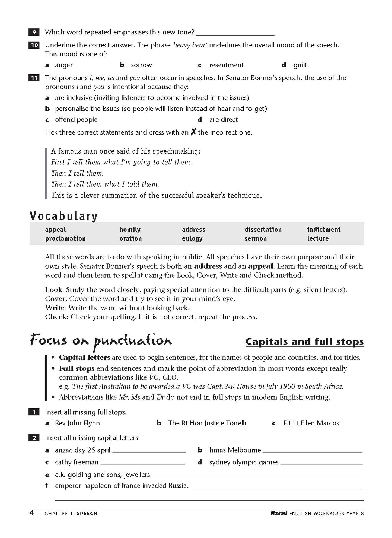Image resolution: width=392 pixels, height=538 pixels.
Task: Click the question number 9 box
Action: [x=34, y=32]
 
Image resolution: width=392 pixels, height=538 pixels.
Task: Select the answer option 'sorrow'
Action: [x=141, y=65]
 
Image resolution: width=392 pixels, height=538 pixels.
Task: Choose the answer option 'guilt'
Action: [x=300, y=65]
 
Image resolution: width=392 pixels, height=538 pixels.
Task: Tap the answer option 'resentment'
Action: [x=226, y=65]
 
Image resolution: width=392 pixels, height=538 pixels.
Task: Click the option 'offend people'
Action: [x=76, y=120]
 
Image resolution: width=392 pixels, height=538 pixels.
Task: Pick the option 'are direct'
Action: [x=223, y=120]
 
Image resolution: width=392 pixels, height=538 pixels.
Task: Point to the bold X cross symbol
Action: [x=193, y=132]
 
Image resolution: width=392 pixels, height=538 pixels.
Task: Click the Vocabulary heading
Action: [x=63, y=216]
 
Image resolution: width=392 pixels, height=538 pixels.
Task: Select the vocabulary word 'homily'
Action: [x=130, y=230]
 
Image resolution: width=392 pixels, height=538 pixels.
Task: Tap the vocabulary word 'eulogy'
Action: [x=192, y=239]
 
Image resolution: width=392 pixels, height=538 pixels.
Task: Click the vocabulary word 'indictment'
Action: [x=324, y=230]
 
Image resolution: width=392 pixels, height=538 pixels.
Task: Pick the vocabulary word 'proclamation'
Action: [x=65, y=238]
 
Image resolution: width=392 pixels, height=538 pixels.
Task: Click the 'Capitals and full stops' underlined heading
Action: [x=304, y=342]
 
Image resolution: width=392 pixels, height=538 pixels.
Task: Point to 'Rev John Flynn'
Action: [x=77, y=423]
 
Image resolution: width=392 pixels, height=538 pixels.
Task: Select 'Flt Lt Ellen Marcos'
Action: [x=311, y=423]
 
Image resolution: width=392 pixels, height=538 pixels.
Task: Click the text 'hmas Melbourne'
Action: [x=235, y=450]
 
